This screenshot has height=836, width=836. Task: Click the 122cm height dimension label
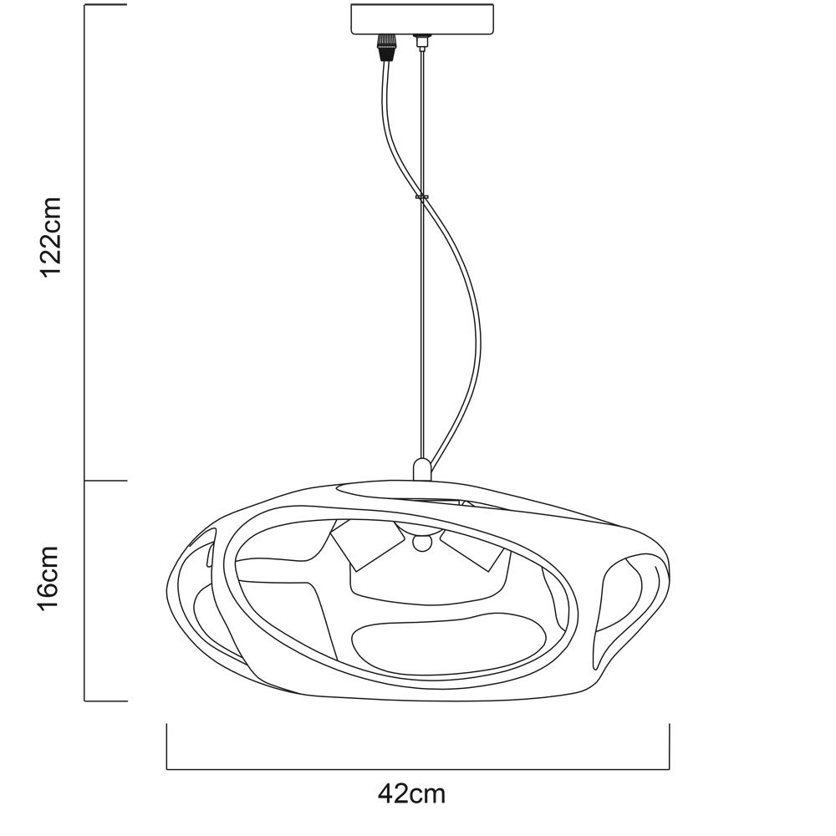(x=52, y=237)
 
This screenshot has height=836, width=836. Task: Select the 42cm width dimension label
(x=411, y=794)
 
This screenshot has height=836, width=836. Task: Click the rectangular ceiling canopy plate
(x=421, y=19)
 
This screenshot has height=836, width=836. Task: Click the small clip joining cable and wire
(x=421, y=197)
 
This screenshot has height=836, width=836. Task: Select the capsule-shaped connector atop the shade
(x=421, y=469)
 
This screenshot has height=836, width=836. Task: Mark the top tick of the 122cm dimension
(x=105, y=5)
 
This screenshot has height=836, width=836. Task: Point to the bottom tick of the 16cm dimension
(x=105, y=701)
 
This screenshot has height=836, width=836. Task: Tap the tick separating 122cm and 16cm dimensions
(x=105, y=481)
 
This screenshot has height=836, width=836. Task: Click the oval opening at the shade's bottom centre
(x=449, y=640)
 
